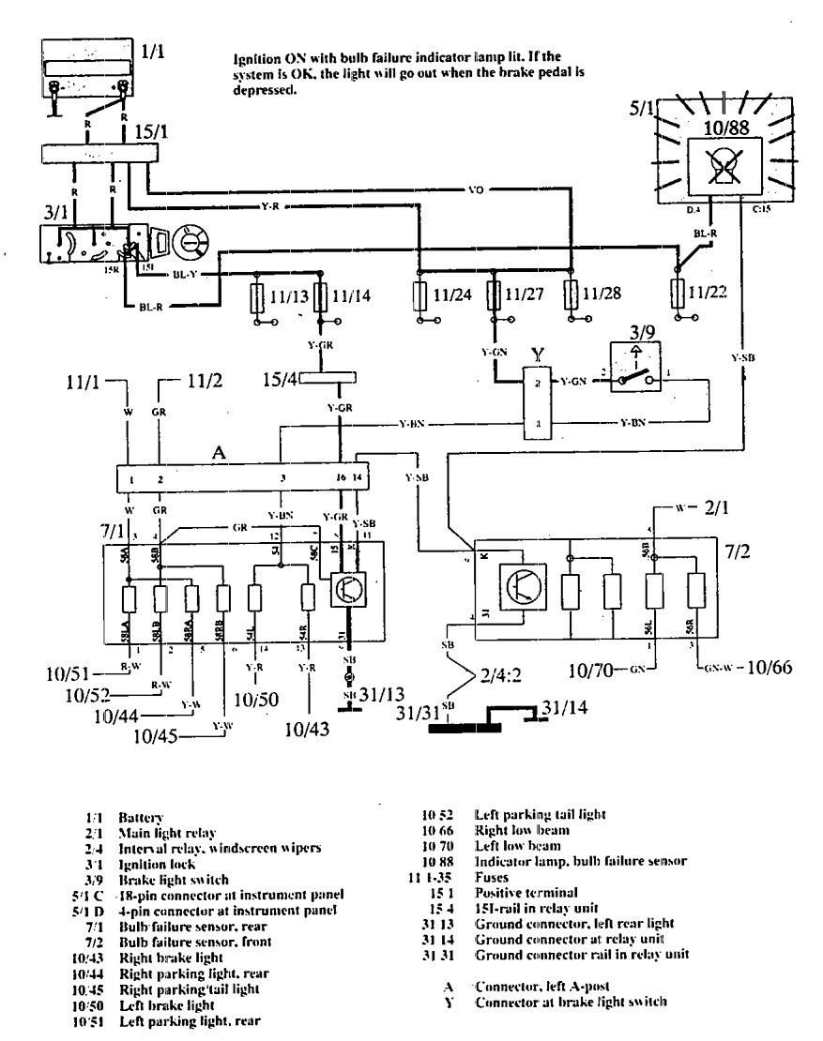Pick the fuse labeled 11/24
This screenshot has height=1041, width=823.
click(x=419, y=300)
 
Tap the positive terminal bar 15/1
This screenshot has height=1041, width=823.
click(x=95, y=154)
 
